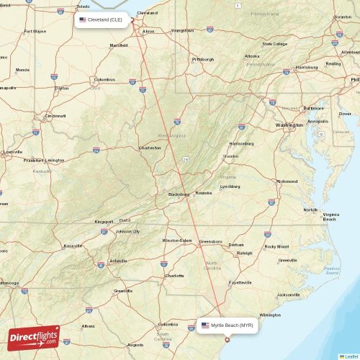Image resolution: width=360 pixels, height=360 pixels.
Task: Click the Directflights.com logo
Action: [34, 337]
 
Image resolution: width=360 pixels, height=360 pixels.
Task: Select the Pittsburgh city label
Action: [204, 59]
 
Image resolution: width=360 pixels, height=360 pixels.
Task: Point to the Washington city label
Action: [289, 125]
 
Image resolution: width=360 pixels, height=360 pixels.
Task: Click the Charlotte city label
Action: [174, 276]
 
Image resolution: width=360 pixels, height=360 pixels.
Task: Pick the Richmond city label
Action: [287, 181]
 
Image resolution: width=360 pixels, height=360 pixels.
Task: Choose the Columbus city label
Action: [105, 79]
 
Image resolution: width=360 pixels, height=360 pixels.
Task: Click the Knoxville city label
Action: [73, 246]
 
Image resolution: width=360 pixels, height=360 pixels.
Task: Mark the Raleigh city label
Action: [245, 253]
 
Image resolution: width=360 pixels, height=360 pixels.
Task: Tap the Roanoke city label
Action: [204, 193]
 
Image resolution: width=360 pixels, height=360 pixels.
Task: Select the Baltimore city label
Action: [313, 108]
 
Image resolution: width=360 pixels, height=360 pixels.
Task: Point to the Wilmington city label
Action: [271, 315]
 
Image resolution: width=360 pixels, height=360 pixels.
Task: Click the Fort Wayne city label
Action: [35, 32]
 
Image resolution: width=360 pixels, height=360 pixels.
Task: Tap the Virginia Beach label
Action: [330, 217]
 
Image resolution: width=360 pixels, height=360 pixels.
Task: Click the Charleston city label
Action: [149, 148]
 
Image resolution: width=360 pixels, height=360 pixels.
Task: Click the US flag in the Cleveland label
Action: [83, 20]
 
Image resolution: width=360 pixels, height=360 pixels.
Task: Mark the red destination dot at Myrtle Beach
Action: [228, 340]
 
